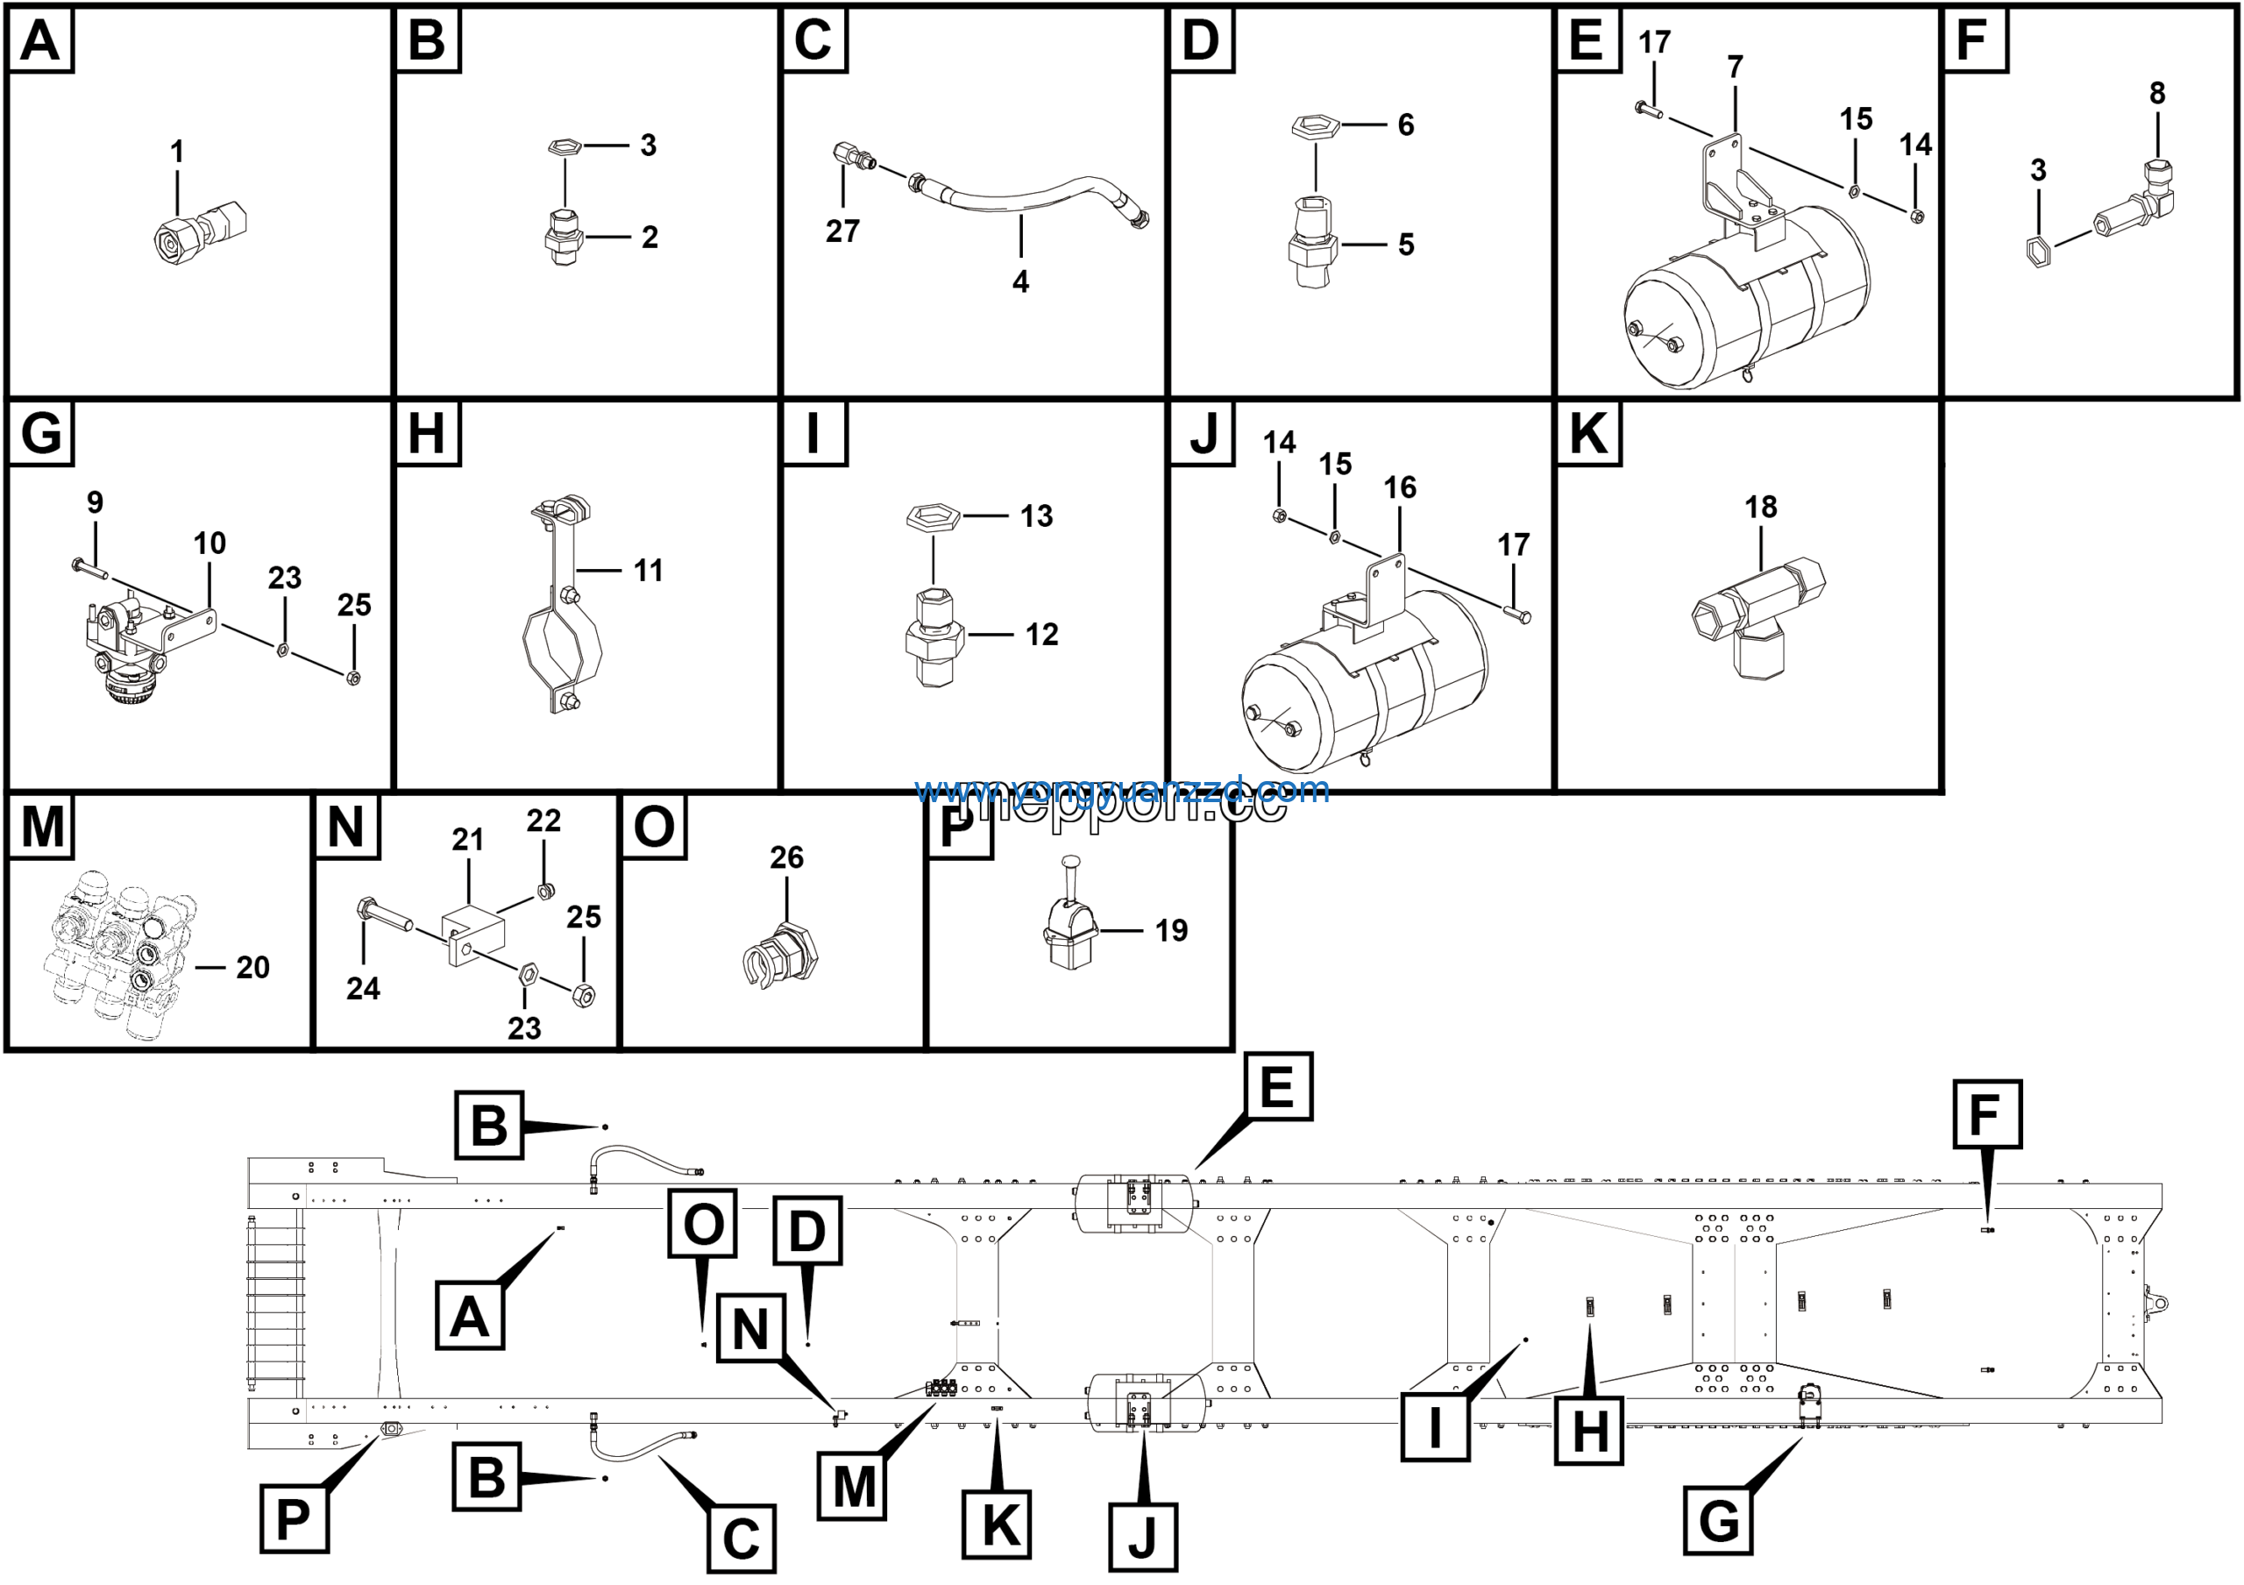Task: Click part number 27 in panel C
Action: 841,231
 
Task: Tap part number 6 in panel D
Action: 1405,125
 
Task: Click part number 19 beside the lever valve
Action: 1171,930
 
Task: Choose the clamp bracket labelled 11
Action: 562,606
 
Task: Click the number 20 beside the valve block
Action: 252,968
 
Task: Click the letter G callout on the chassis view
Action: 1718,1520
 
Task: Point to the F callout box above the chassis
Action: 1987,1115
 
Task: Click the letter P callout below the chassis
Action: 293,1518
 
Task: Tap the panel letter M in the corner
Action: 42,826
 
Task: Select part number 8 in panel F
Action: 2157,94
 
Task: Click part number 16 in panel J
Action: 1399,487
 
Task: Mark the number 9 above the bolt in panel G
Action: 95,502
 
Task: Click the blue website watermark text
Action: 1121,790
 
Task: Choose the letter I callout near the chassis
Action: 1435,1426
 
